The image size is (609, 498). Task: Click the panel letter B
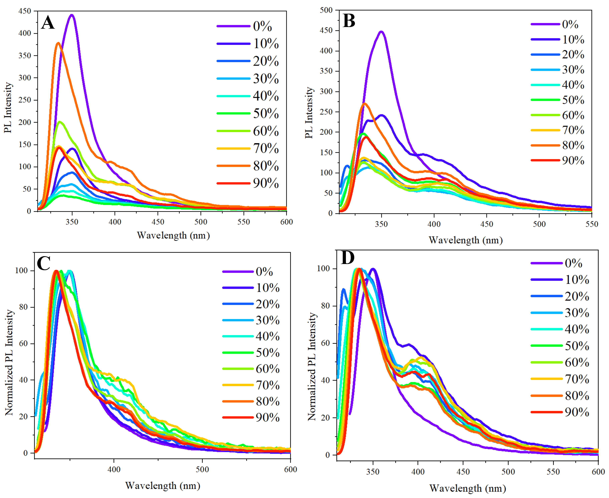tap(349, 21)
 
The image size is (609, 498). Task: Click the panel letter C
tap(44, 263)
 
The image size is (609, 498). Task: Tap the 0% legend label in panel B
tap(570, 24)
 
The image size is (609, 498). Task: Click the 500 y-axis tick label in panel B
tap(326, 10)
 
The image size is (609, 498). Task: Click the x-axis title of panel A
tap(173, 235)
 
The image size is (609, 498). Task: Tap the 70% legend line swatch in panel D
tap(546, 379)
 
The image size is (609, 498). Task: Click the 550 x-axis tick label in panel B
tap(592, 224)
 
